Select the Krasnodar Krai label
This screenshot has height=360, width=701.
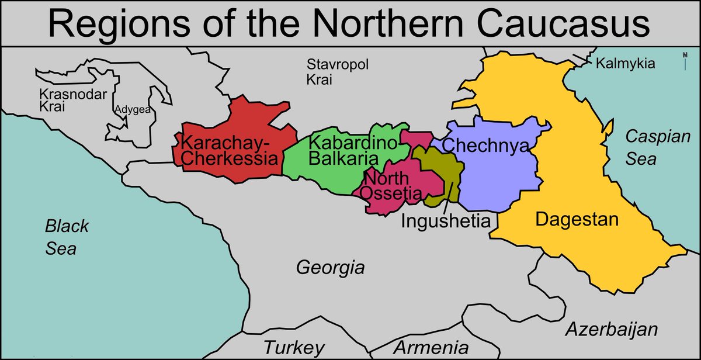pyautogui.click(x=64, y=100)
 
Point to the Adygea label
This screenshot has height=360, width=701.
pyautogui.click(x=132, y=109)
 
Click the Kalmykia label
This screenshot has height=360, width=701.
pyautogui.click(x=625, y=64)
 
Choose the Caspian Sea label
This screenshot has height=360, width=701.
pyautogui.click(x=649, y=148)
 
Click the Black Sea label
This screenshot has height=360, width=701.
pyautogui.click(x=67, y=237)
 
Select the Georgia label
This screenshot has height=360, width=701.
pyautogui.click(x=330, y=268)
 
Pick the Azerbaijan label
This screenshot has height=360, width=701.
pyautogui.click(x=611, y=328)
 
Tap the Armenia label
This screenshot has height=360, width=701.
pyautogui.click(x=431, y=347)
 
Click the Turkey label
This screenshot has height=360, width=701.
pyautogui.click(x=294, y=347)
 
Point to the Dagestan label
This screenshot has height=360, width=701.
pyautogui.click(x=576, y=220)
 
